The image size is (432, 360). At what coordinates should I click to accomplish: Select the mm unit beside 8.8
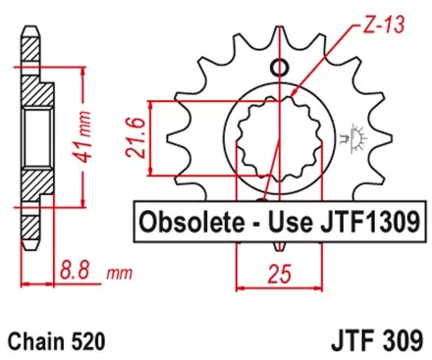click(x=115, y=269)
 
